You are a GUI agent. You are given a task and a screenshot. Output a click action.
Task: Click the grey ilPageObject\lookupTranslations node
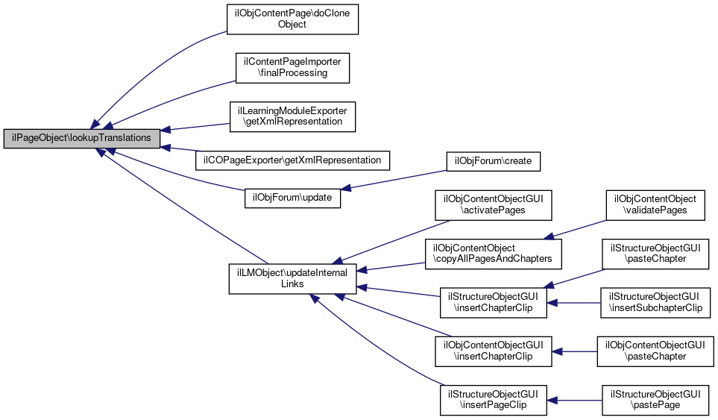point(82,139)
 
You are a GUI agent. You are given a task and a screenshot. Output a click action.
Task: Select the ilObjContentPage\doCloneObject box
point(293,19)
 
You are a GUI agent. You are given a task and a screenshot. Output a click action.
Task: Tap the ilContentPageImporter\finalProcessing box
point(293,67)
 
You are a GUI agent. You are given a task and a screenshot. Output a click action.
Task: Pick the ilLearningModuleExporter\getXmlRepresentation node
point(293,115)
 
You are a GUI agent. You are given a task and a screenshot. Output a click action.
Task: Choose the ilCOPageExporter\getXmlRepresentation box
point(293,160)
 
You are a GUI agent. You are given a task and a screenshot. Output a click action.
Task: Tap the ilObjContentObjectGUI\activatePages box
point(493,205)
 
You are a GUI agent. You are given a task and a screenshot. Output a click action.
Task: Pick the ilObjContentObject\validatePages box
point(655,205)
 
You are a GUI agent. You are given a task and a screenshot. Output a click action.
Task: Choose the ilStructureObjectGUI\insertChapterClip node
point(493,302)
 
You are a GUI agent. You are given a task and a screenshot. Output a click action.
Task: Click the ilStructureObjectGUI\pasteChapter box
point(655,254)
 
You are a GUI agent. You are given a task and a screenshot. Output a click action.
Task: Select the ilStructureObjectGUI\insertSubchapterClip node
point(655,302)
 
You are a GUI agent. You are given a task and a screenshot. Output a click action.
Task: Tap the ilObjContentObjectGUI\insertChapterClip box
point(493,351)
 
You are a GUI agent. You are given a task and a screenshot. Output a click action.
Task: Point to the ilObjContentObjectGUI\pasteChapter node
point(655,351)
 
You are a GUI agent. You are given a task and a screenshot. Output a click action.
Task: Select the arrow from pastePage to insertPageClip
point(575,400)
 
